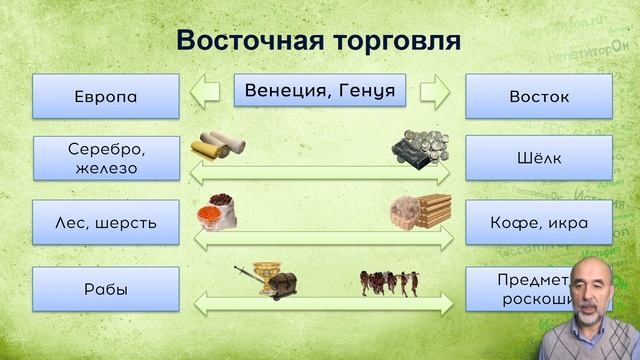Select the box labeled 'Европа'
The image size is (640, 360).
click(x=105, y=97)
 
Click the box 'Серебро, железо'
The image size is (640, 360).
click(x=105, y=158)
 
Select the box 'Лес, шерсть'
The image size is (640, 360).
click(x=105, y=221)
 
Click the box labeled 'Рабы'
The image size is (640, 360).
click(x=105, y=290)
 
